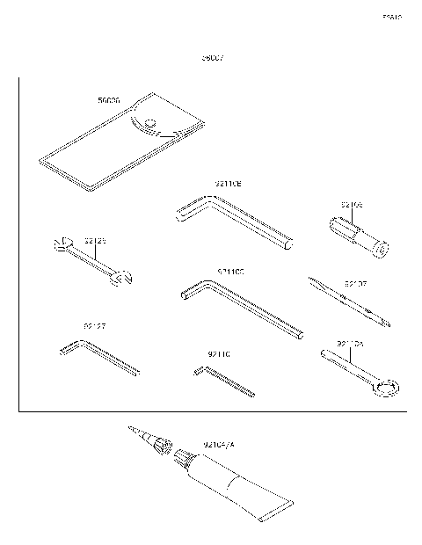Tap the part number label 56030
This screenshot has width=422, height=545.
109,101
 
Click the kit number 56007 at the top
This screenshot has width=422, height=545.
213,58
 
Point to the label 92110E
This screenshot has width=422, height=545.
228,184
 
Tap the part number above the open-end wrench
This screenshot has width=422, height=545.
95,240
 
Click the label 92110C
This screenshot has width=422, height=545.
230,272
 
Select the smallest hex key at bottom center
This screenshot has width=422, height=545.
223,381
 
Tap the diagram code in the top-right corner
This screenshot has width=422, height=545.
391,17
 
